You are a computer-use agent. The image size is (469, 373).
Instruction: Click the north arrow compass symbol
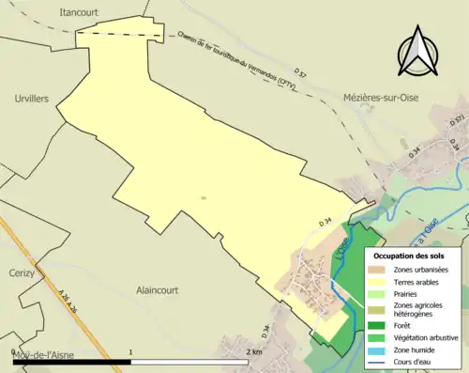419,53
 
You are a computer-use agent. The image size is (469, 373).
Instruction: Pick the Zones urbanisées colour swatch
378,270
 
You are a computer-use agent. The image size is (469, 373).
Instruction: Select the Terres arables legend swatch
378,281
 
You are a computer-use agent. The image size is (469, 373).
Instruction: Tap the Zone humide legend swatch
378,349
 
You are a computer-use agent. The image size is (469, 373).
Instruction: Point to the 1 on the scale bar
130,350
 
